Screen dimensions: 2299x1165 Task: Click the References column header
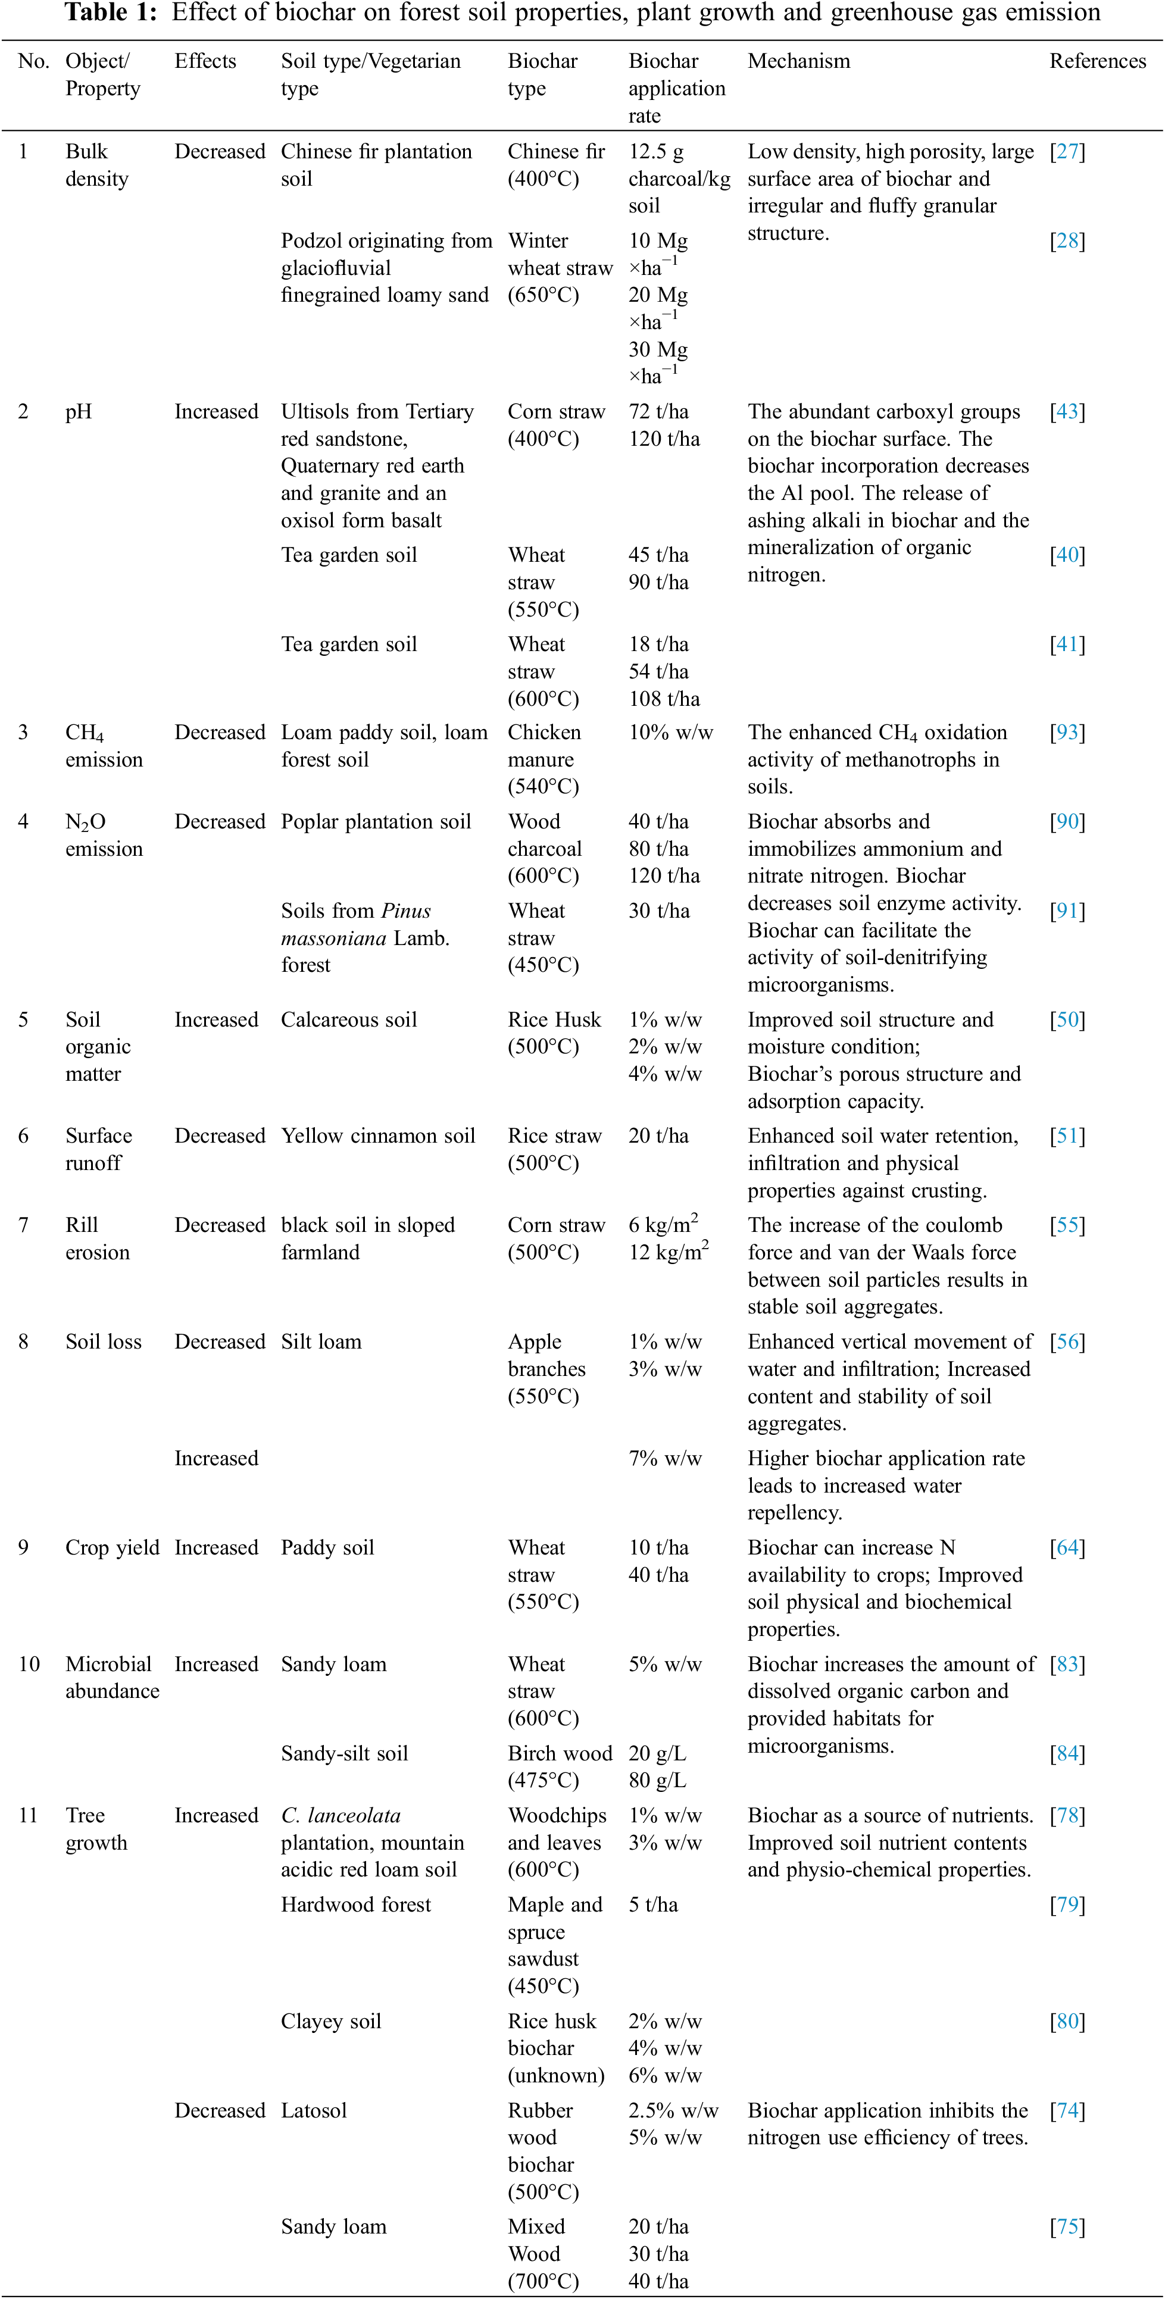[x=1097, y=61]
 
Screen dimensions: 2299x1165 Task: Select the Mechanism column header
[x=798, y=61]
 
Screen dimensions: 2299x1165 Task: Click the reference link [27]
[x=1067, y=152]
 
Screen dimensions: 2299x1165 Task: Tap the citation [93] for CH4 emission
[x=1067, y=733]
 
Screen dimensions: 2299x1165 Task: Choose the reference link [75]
[x=1067, y=2227]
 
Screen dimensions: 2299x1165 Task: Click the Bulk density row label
[x=96, y=165]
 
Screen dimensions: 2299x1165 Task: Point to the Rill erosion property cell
[x=96, y=1238]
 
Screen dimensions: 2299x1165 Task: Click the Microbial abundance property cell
[x=111, y=1677]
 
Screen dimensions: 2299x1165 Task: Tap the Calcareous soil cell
[x=348, y=1020]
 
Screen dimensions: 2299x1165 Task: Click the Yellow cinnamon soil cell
[x=377, y=1136]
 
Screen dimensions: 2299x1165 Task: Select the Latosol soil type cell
[x=313, y=2111]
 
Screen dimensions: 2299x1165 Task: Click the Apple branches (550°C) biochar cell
[x=546, y=1369]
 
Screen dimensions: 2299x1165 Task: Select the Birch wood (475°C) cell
[x=559, y=1767]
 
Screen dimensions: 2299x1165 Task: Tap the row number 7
[x=23, y=1225]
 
